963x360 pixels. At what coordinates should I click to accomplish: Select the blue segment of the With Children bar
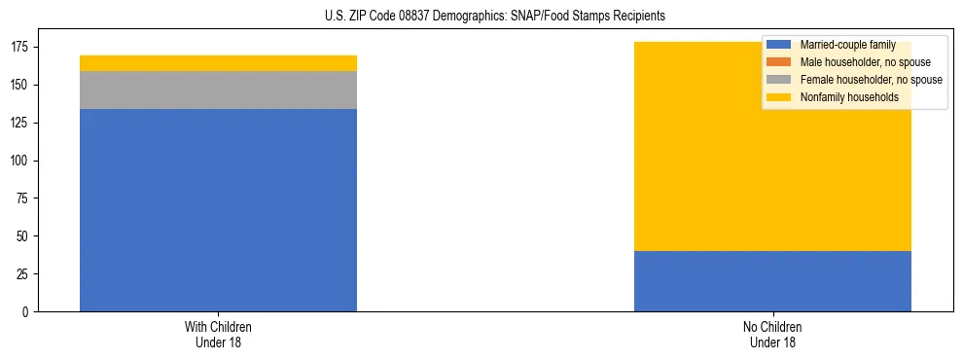pyautogui.click(x=218, y=210)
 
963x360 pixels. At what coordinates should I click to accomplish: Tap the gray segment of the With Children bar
pyautogui.click(x=218, y=90)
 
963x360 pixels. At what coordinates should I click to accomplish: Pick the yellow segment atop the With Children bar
pyautogui.click(x=218, y=63)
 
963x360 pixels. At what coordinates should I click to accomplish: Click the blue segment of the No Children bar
pyautogui.click(x=772, y=281)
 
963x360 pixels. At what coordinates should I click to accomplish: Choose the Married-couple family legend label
pyautogui.click(x=847, y=45)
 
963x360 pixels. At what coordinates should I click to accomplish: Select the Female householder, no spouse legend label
pyautogui.click(x=871, y=80)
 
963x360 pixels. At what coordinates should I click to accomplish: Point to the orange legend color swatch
pyautogui.click(x=778, y=62)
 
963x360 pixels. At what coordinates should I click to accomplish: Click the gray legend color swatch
pyautogui.click(x=778, y=80)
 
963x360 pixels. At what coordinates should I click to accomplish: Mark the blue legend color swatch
pyautogui.click(x=778, y=45)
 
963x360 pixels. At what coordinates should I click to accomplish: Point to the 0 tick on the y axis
pyautogui.click(x=28, y=312)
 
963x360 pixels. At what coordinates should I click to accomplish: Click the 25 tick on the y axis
pyautogui.click(x=25, y=274)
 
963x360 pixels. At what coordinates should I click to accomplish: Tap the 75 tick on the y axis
pyautogui.click(x=25, y=198)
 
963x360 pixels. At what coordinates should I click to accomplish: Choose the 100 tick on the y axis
pyautogui.click(x=22, y=161)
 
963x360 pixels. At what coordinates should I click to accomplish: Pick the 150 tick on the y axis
pyautogui.click(x=22, y=86)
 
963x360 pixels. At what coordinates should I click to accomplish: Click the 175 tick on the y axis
pyautogui.click(x=22, y=48)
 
